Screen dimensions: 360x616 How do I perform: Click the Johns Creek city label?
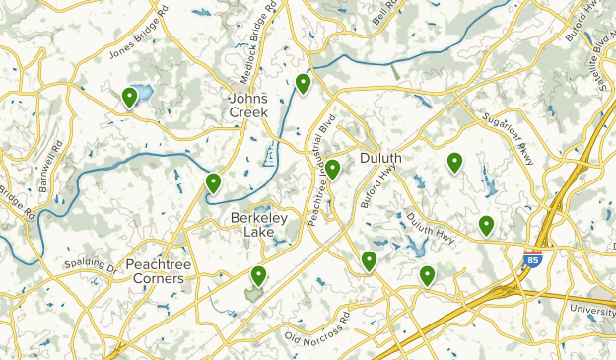pyautogui.click(x=248, y=106)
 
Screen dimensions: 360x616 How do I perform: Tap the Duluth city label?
pyautogui.click(x=379, y=158)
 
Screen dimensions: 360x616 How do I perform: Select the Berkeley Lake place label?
pyautogui.click(x=259, y=225)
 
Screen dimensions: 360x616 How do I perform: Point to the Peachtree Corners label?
pyautogui.click(x=156, y=271)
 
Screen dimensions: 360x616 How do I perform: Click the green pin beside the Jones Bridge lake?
pyautogui.click(x=129, y=97)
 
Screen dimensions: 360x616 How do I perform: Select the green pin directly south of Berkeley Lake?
pyautogui.click(x=258, y=275)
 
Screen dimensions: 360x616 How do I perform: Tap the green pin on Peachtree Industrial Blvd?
pyautogui.click(x=333, y=169)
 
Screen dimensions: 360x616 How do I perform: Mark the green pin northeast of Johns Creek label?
pyautogui.click(x=303, y=83)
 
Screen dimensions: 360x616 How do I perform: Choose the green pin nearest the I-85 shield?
pyautogui.click(x=486, y=225)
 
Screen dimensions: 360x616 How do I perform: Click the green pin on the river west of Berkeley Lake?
pyautogui.click(x=213, y=181)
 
